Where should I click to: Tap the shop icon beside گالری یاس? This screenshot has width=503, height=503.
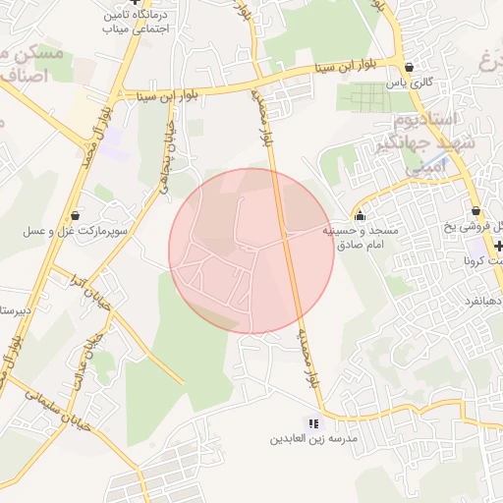(x=408, y=68)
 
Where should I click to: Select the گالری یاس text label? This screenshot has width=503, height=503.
(x=409, y=84)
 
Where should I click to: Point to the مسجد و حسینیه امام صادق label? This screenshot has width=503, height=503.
(x=361, y=236)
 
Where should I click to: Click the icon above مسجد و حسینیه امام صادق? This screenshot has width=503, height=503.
(x=360, y=216)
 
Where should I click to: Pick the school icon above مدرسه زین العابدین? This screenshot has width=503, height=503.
(x=313, y=423)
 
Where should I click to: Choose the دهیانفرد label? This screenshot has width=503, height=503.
(x=484, y=294)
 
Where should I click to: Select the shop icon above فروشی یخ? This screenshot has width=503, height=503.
(x=475, y=211)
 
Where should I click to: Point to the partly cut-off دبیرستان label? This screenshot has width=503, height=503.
(x=15, y=310)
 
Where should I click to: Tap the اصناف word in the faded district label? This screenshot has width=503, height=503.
(x=22, y=73)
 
